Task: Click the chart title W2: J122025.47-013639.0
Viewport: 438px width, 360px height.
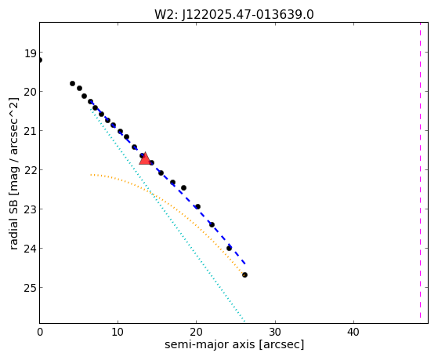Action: click(x=234, y=14)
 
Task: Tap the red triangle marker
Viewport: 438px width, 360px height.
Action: click(x=145, y=159)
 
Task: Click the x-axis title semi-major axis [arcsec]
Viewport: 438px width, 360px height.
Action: click(x=234, y=344)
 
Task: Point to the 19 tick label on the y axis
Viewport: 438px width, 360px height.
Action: click(x=30, y=53)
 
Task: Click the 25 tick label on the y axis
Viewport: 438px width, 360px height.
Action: click(x=30, y=288)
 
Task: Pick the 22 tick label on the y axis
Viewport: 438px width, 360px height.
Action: click(x=30, y=170)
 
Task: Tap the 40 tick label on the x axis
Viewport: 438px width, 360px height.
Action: click(x=353, y=332)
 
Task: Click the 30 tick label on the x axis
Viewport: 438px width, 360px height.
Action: click(x=275, y=332)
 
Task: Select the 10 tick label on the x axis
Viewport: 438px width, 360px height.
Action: click(x=118, y=332)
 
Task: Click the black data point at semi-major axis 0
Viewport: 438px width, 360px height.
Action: click(x=40, y=60)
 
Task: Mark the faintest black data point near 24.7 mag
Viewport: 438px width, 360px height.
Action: click(x=244, y=275)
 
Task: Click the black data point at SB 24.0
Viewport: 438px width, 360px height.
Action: click(x=229, y=248)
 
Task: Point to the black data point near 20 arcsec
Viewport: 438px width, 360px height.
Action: click(x=197, y=207)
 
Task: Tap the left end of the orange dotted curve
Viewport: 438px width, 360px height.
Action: click(x=91, y=175)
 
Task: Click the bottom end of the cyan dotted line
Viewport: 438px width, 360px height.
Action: click(x=244, y=321)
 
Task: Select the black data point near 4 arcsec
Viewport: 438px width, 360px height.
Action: click(x=72, y=83)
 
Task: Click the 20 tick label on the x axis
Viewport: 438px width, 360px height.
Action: click(x=197, y=332)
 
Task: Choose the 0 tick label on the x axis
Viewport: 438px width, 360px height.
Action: click(x=40, y=332)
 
